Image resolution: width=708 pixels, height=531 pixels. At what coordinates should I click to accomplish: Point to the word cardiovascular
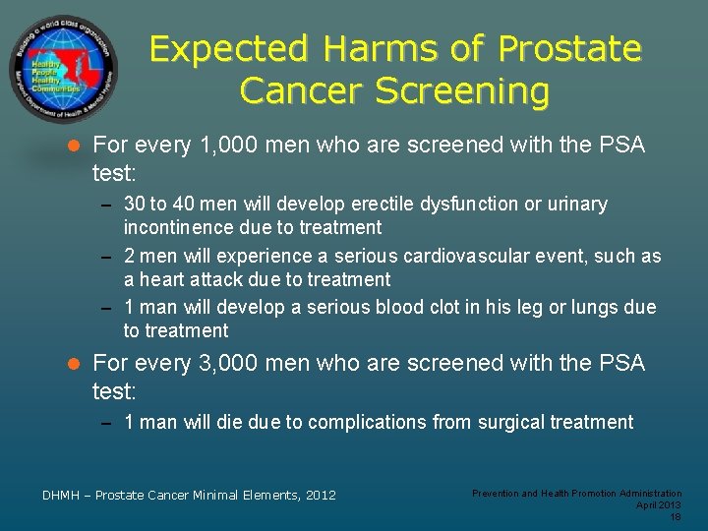(499, 257)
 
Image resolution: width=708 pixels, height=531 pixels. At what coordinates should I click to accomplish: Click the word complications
(364, 423)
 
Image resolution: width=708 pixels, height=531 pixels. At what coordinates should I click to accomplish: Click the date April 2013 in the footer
(658, 504)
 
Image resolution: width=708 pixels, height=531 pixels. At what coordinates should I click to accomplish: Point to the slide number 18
(675, 516)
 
